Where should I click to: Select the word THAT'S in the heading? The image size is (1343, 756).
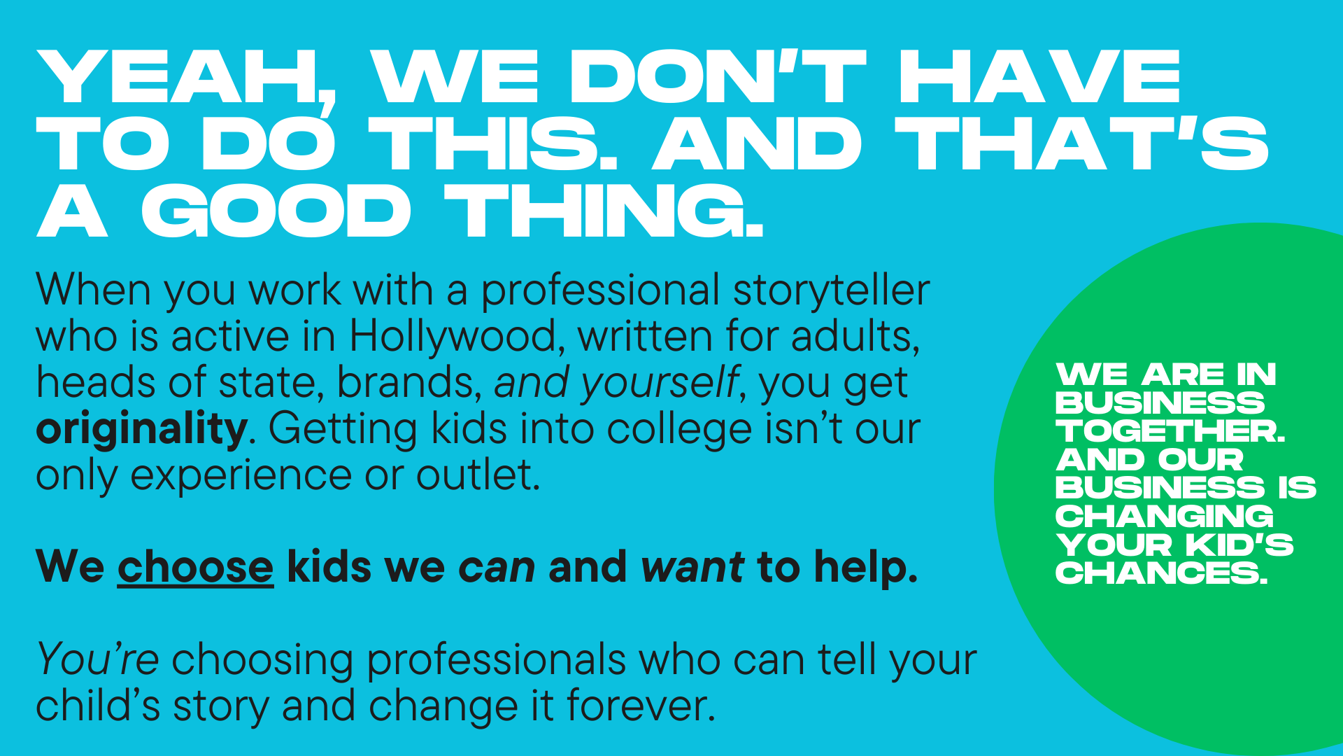pyautogui.click(x=1081, y=143)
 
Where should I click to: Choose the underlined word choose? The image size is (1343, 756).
pyautogui.click(x=195, y=567)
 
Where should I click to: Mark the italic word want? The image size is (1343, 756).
pyautogui.click(x=692, y=567)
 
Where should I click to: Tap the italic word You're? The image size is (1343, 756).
pyautogui.click(x=97, y=660)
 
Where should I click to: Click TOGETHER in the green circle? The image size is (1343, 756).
pyautogui.click(x=1170, y=431)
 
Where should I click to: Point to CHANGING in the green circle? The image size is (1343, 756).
pyautogui.click(x=1165, y=517)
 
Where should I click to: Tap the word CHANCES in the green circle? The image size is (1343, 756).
pyautogui.click(x=1161, y=573)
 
